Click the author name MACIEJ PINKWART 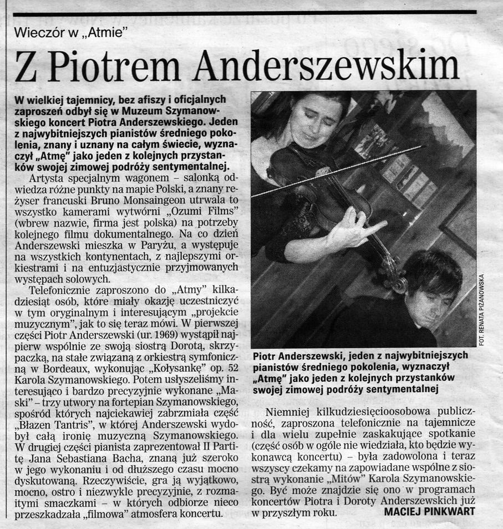[429, 511]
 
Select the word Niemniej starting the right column [289, 412]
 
